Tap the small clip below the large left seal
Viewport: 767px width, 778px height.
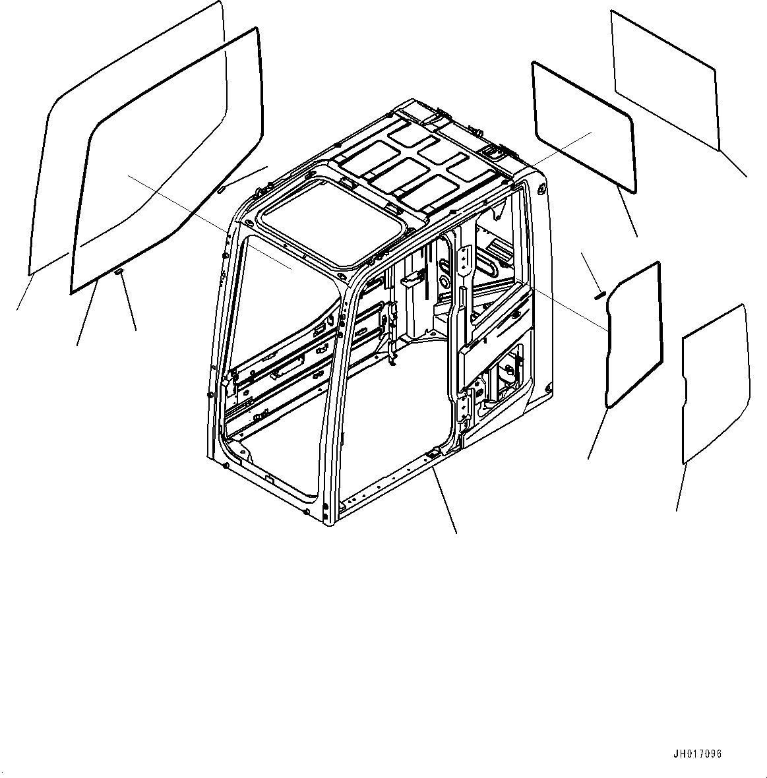pyautogui.click(x=119, y=271)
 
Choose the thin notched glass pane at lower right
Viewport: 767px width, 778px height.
pyautogui.click(x=714, y=382)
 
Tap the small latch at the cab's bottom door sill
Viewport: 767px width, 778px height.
pyautogui.click(x=433, y=454)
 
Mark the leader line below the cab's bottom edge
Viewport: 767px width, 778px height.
pyautogui.click(x=445, y=501)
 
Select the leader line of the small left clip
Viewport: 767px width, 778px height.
pyautogui.click(x=129, y=303)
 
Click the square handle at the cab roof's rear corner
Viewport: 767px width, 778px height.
pyautogui.click(x=496, y=152)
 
